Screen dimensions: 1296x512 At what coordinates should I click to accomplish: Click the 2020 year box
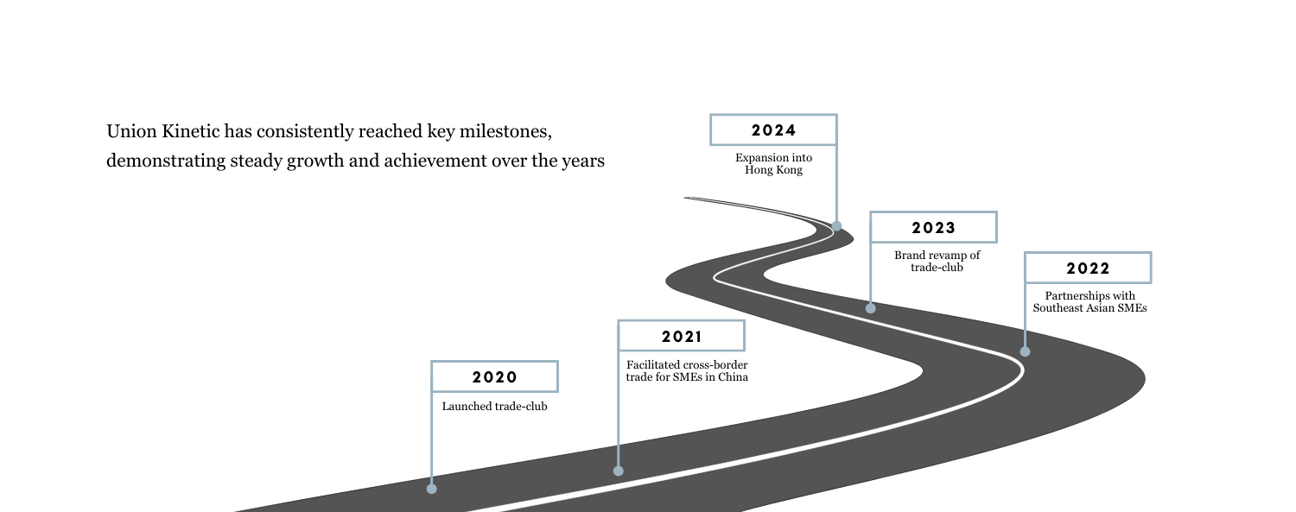(495, 376)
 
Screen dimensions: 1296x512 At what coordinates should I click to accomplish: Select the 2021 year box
(682, 336)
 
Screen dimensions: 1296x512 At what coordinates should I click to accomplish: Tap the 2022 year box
(1089, 268)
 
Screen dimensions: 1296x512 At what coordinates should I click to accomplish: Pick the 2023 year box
(934, 227)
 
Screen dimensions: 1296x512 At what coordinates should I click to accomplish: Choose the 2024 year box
(773, 130)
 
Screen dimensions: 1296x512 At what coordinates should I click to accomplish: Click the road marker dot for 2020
(432, 489)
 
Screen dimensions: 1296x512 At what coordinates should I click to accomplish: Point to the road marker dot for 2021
(619, 471)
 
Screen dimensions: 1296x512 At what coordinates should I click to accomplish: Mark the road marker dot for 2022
(1026, 351)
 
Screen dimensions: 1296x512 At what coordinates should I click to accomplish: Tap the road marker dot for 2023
(871, 308)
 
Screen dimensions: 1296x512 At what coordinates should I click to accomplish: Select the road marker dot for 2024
(836, 226)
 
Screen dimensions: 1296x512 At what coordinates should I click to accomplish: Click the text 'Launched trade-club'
(495, 407)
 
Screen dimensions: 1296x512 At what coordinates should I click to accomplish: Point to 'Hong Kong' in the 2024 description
(773, 170)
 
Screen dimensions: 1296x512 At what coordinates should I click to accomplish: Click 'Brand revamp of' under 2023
(937, 256)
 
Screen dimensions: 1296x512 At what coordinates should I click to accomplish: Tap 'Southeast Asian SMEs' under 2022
(1090, 308)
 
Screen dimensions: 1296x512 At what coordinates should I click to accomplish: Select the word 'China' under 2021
(733, 376)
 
